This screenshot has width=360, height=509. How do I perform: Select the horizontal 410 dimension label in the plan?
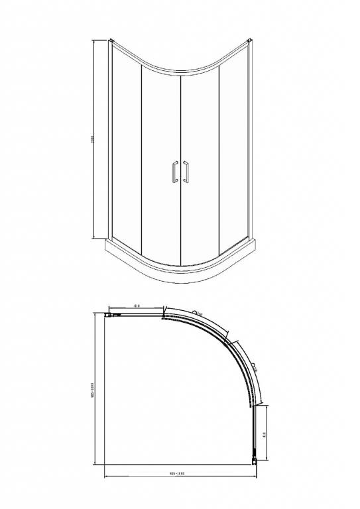[x=136, y=306]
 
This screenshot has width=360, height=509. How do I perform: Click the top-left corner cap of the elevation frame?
[x=111, y=42]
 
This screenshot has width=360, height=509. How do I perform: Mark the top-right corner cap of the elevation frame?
[x=250, y=42]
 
